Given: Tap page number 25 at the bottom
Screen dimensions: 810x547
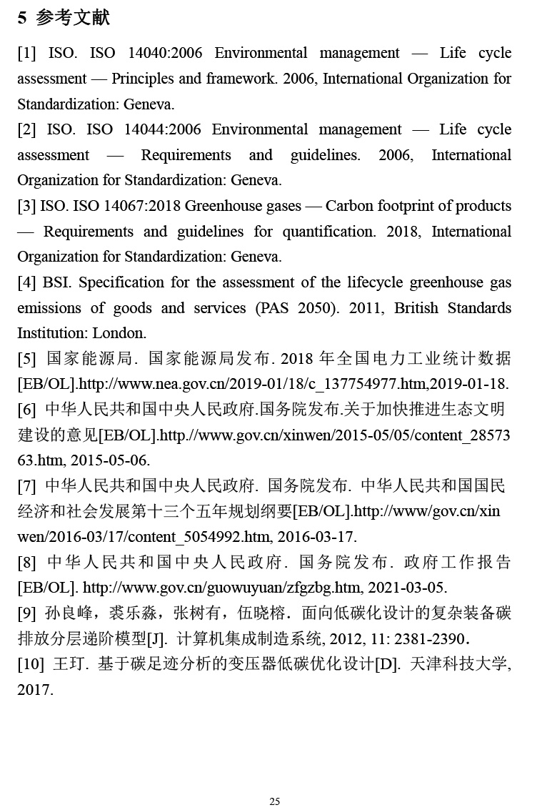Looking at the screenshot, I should click(274, 801).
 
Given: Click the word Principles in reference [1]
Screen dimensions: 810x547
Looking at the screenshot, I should click(147, 79).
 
